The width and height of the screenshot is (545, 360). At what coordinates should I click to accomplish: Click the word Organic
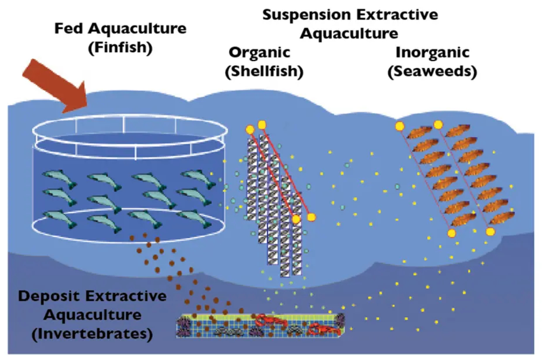tap(259, 52)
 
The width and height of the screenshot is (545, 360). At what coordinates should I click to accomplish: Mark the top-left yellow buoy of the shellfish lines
tap(250, 129)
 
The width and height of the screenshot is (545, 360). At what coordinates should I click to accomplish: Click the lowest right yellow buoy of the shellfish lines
tap(311, 217)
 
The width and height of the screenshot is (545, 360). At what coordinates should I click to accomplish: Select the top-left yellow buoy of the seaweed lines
tap(399, 125)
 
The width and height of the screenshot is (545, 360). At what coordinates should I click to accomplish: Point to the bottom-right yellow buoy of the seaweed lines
tap(490, 231)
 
